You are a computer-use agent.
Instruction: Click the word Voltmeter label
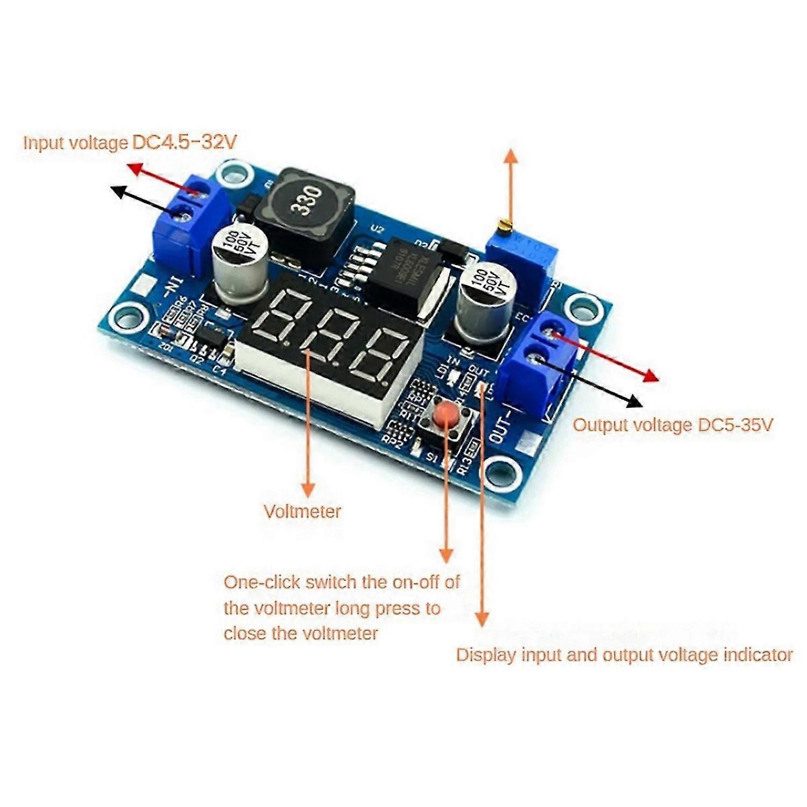point(302,511)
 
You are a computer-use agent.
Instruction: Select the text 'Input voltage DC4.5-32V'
point(130,143)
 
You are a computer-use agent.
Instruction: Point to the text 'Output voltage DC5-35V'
point(672,425)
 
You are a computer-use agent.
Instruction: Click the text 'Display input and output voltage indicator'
point(624,655)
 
